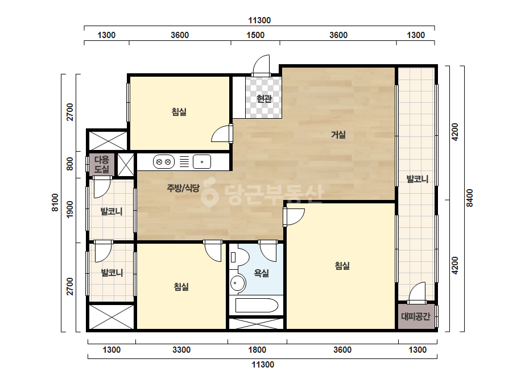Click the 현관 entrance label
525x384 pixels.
click(264, 99)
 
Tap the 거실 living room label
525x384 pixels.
click(338, 135)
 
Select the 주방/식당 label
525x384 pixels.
click(183, 188)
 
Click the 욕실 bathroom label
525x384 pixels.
click(261, 273)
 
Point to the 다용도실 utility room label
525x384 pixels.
click(101, 164)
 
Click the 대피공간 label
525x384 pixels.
click(416, 316)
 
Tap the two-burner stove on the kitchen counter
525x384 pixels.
click(164, 162)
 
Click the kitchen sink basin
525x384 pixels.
click(201, 162)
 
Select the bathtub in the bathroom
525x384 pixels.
click(257, 306)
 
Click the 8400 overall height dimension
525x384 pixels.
click(470, 198)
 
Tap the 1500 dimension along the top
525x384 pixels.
click(255, 35)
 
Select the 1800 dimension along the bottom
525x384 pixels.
click(257, 350)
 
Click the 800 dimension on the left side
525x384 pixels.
click(69, 164)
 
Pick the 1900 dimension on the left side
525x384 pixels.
click(69, 210)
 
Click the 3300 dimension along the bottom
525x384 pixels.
click(181, 350)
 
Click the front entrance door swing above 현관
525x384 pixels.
click(261, 65)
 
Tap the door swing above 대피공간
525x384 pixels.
click(417, 293)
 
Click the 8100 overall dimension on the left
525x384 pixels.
click(55, 203)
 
